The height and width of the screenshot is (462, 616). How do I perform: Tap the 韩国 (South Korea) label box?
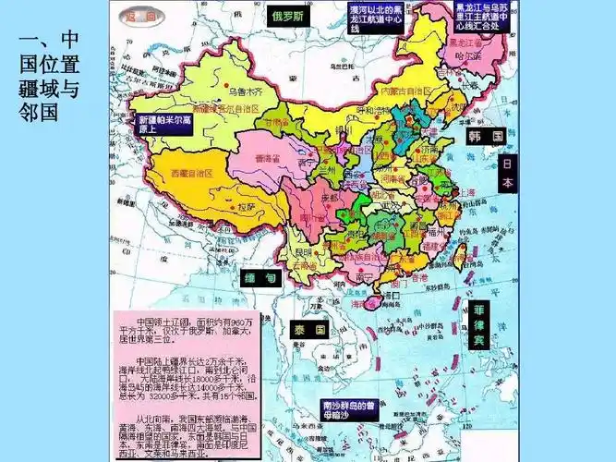coord(484,137)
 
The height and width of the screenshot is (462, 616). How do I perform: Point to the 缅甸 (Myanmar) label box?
coord(259,278)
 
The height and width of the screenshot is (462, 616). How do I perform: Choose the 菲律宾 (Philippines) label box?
coord(478,325)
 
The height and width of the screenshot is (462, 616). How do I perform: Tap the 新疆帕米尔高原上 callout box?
coord(163,125)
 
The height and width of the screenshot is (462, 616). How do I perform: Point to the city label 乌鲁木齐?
coord(232,92)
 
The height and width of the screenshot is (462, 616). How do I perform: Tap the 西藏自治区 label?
coord(191,173)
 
